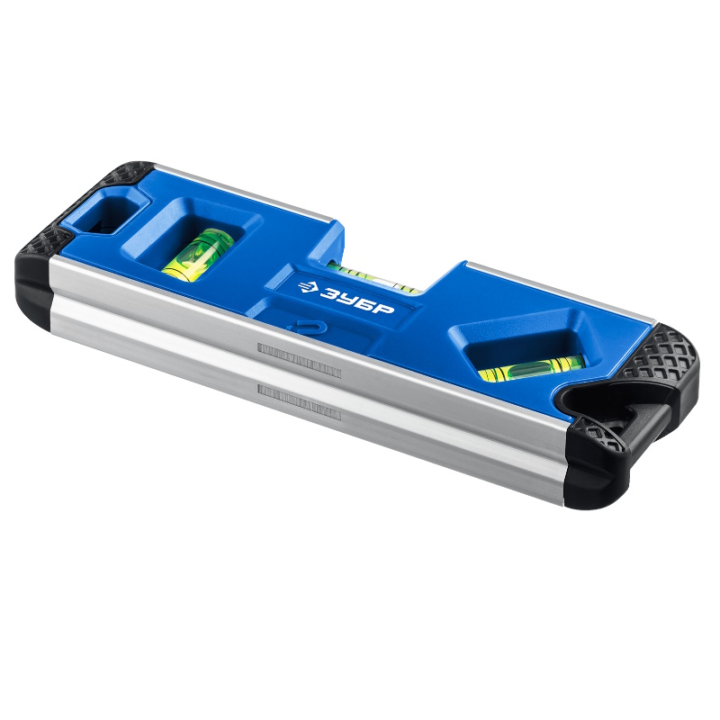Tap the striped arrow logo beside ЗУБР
(x=307, y=287)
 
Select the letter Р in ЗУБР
(x=385, y=309)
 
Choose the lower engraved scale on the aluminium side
(x=300, y=402)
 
